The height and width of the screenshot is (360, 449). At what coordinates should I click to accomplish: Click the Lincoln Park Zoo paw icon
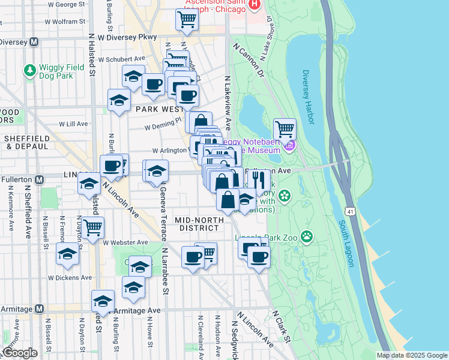click(307, 236)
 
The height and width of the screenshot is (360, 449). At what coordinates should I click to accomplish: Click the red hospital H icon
click(255, 5)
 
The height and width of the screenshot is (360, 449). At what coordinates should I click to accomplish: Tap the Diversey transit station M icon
click(34, 42)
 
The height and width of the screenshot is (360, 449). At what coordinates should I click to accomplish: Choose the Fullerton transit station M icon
click(39, 179)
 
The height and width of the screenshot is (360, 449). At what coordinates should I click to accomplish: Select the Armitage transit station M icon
click(39, 308)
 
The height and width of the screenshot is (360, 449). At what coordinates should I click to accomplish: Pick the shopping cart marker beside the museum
click(285, 128)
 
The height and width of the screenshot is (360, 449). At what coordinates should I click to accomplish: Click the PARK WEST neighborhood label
click(159, 109)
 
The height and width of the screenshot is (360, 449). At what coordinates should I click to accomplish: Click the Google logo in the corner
click(20, 353)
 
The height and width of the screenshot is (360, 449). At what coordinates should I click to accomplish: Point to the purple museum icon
click(290, 145)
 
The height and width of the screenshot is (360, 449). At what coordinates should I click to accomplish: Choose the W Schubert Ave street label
click(122, 59)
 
